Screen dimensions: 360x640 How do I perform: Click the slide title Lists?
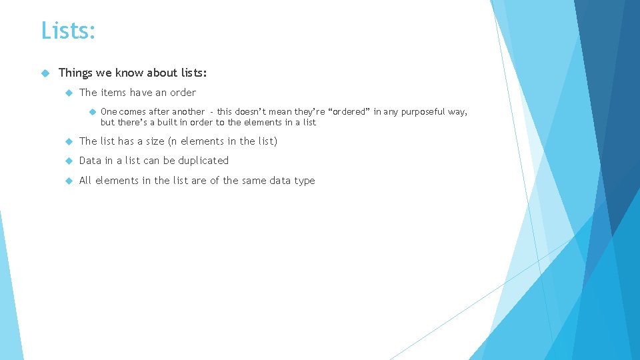coord(68,31)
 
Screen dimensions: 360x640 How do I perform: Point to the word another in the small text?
coord(187,112)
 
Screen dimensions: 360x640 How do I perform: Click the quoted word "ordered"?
coord(347,112)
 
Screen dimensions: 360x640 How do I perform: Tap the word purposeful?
coord(423,112)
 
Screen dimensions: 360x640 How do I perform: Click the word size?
coord(155,141)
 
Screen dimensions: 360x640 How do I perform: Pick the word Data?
coord(91,161)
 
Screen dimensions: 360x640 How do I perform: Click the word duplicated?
coord(203,161)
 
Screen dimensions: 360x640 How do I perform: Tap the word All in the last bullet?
coord(85,181)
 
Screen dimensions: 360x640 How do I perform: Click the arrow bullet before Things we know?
coord(45,73)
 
